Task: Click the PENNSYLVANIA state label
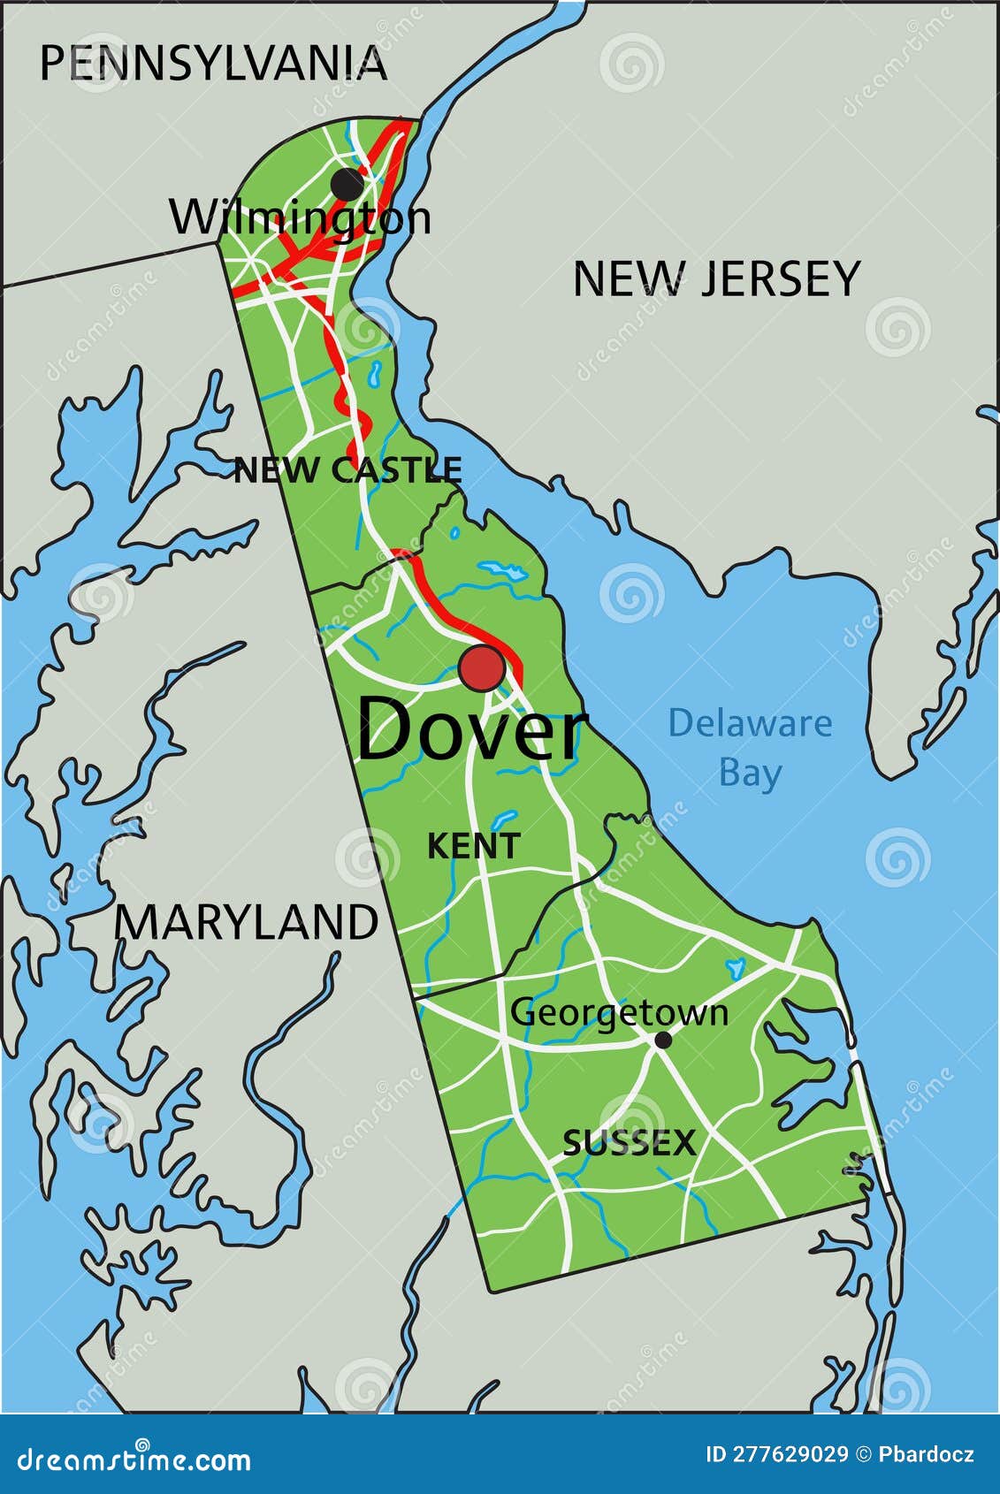213,64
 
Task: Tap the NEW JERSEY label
716,279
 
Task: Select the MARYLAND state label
247,923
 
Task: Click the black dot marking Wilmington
347,185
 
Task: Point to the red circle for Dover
482,669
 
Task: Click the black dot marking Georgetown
662,1040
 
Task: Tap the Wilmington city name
301,217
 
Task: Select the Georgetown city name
619,1013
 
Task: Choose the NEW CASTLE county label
347,470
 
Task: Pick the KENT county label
474,846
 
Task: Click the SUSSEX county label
630,1144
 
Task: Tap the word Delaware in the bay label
750,723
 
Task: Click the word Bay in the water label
750,773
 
